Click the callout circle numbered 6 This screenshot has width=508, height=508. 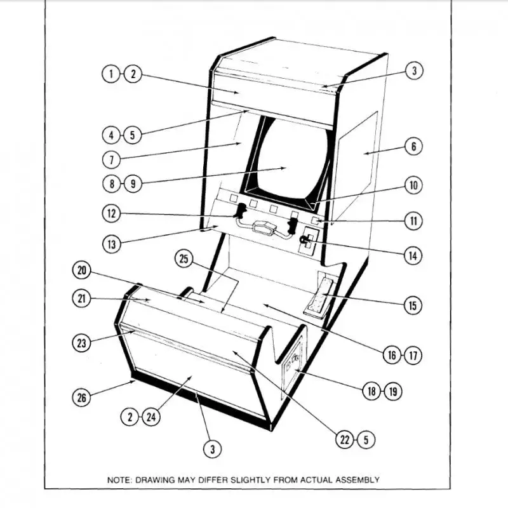(x=413, y=147)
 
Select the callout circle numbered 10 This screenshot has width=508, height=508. (x=413, y=185)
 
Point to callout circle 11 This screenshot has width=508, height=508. (x=413, y=221)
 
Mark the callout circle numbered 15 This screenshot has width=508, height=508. (x=413, y=305)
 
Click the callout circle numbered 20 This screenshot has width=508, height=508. (x=81, y=271)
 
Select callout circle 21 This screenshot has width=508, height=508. (x=81, y=298)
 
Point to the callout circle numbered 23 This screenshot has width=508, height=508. (x=81, y=343)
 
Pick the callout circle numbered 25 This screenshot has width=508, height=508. (x=184, y=258)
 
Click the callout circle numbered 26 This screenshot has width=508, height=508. (x=81, y=398)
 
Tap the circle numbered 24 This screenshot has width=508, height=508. (x=151, y=417)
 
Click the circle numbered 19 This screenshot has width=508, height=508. (x=392, y=391)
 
